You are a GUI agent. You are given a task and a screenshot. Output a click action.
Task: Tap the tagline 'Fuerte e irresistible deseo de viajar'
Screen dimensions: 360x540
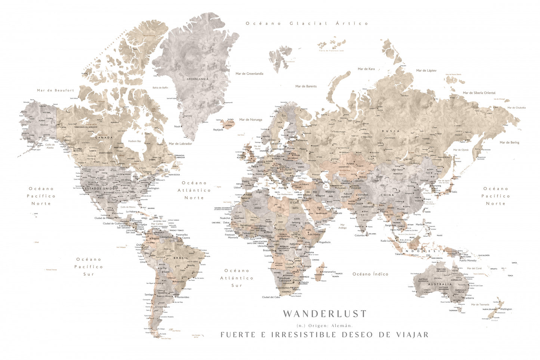click(x=324, y=335)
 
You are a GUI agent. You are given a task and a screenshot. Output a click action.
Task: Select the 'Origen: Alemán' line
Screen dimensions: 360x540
click(x=324, y=326)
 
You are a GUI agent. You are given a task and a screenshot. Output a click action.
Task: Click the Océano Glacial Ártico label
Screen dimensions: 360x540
click(x=307, y=23)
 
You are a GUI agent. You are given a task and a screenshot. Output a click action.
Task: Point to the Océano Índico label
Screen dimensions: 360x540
click(x=370, y=274)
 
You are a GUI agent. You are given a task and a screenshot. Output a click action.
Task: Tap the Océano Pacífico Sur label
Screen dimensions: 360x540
click(x=89, y=267)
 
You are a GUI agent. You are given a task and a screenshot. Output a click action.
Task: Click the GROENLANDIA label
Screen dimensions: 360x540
click(x=198, y=79)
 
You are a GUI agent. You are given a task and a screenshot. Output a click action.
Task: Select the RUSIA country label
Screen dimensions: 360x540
click(x=391, y=131)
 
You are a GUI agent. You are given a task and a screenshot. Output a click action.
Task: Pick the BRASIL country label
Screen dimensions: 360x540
click(x=181, y=258)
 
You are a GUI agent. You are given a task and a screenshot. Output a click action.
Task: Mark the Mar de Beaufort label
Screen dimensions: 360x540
click(x=55, y=90)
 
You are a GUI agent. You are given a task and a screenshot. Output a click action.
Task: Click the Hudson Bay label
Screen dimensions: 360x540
click(x=135, y=141)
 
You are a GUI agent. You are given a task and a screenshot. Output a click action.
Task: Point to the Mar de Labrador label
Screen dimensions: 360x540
click(x=180, y=144)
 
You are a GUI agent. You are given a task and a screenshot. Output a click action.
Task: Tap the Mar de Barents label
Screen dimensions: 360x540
click(x=306, y=86)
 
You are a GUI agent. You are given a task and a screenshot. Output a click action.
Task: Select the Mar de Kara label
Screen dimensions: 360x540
click(x=366, y=69)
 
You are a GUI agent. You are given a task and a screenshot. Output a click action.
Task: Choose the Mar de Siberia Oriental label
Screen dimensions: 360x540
click(x=479, y=93)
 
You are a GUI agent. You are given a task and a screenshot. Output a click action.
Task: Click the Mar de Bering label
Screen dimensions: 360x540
click(x=509, y=142)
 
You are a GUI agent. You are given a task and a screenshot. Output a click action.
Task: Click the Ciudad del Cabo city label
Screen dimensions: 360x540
click(x=271, y=297)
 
